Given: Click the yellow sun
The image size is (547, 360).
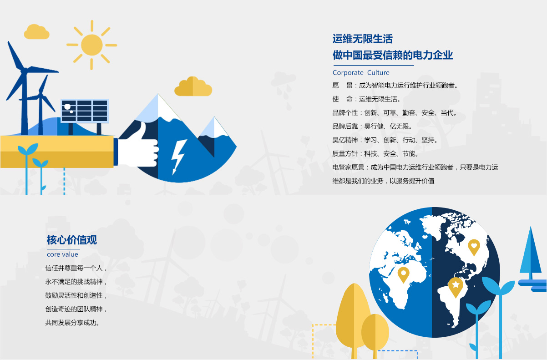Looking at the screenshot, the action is tap(92, 45).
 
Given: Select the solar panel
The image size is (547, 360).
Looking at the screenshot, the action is tap(85, 111).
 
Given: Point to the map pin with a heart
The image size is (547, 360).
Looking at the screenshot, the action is tap(474, 247).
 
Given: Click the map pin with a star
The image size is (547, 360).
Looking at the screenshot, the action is tap(456, 287).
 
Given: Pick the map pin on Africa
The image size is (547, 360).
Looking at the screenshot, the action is tap(403, 274).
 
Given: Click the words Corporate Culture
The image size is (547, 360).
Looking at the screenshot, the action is tap(361, 73).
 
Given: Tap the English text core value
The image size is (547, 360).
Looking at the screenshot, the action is tap(62, 254).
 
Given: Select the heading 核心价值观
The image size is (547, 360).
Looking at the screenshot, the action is tap(72, 240).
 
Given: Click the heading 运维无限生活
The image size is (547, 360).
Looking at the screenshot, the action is tap(363, 39).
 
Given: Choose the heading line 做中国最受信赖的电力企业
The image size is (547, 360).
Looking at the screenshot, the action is tap(393, 55).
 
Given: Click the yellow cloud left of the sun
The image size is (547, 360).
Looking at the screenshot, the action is tap(36, 32).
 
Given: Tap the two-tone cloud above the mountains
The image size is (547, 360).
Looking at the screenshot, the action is tap(193, 86).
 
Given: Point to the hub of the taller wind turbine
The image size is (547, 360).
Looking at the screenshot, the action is tap(24, 70).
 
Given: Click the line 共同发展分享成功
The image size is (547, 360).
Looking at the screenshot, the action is tap(72, 323).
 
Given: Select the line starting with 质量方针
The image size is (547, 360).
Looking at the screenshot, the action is tap(375, 154).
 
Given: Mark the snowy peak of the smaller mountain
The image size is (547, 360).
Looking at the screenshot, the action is tap(214, 127).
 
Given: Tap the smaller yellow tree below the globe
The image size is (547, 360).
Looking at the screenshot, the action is tap(375, 333).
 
